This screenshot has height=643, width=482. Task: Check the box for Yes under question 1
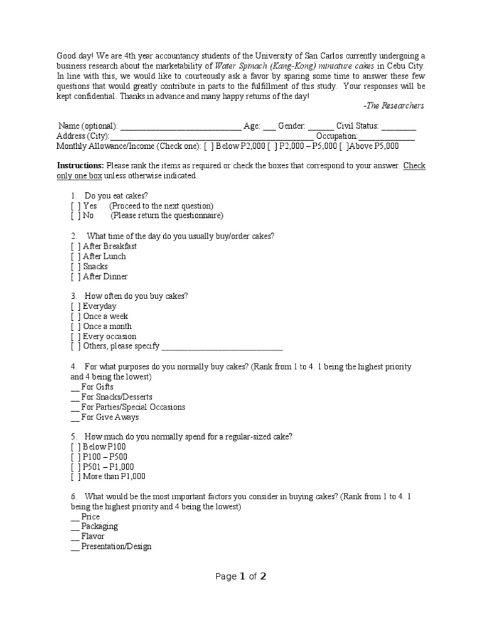click(x=75, y=206)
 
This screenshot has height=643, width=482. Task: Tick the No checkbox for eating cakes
click(x=75, y=216)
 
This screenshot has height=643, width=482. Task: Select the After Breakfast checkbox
click(x=75, y=247)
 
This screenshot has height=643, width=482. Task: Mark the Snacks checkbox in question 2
click(x=75, y=267)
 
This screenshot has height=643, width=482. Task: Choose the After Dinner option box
click(x=75, y=277)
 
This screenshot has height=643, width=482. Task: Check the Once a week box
click(x=75, y=316)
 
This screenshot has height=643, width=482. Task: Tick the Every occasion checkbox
click(x=75, y=337)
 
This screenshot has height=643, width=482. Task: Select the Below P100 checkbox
click(x=75, y=446)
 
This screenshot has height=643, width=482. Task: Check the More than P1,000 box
click(x=75, y=477)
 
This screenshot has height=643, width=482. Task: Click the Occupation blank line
click(x=387, y=137)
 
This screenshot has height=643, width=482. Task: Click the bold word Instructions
click(x=80, y=166)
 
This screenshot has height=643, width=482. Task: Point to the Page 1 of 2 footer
click(x=241, y=577)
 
